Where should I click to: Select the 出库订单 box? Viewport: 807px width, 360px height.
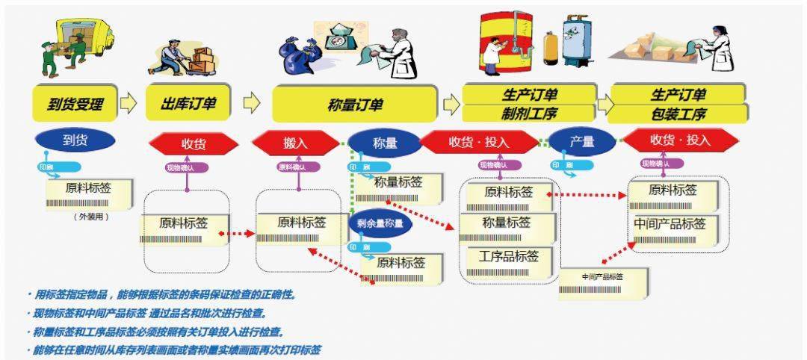pyautogui.click(x=188, y=105)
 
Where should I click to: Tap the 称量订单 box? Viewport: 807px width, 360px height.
pyautogui.click(x=354, y=105)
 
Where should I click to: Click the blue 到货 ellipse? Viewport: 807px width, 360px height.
pyautogui.click(x=75, y=140)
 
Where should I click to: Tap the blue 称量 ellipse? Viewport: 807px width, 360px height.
pyautogui.click(x=384, y=143)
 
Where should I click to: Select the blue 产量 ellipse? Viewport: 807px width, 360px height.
pyautogui.click(x=582, y=142)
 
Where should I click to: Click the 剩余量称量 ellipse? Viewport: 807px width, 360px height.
pyautogui.click(x=381, y=223)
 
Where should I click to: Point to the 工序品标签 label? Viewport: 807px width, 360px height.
pyautogui.click(x=508, y=257)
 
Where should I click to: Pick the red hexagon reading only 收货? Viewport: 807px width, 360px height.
pyautogui.click(x=193, y=143)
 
